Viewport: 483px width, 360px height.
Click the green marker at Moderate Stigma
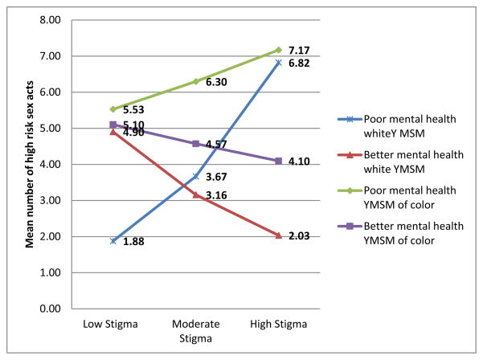point(196,81)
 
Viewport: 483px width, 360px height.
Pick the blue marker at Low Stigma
point(113,241)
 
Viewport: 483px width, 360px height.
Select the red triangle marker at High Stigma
point(278,235)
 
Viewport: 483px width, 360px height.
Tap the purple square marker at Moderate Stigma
point(196,144)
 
